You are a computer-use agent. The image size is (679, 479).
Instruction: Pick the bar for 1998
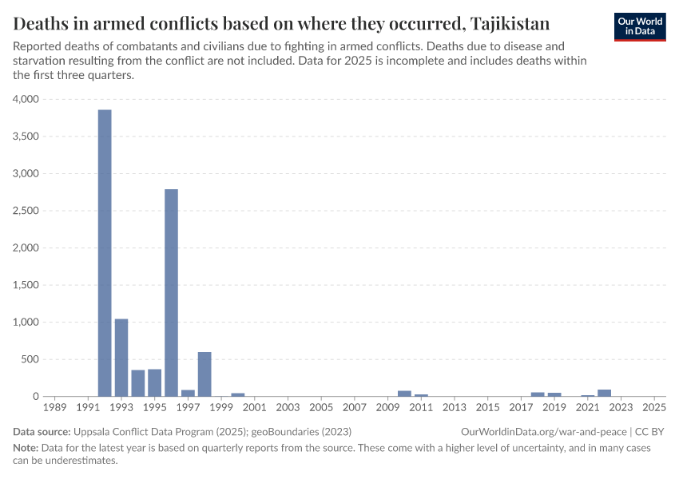204,374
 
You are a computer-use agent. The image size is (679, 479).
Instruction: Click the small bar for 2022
604,393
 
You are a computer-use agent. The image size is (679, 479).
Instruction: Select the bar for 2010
404,394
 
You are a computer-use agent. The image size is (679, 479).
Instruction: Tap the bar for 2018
538,394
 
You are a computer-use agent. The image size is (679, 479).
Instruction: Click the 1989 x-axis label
55,408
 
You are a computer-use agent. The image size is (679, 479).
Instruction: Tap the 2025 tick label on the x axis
654,408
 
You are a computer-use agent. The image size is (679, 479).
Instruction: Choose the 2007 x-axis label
355,408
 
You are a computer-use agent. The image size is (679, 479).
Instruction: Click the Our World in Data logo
640,26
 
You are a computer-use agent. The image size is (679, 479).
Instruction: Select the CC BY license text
650,431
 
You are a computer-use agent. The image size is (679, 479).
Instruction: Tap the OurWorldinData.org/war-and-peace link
544,431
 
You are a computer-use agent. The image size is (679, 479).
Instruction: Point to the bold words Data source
42,431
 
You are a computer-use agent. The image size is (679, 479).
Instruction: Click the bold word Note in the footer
27,448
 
